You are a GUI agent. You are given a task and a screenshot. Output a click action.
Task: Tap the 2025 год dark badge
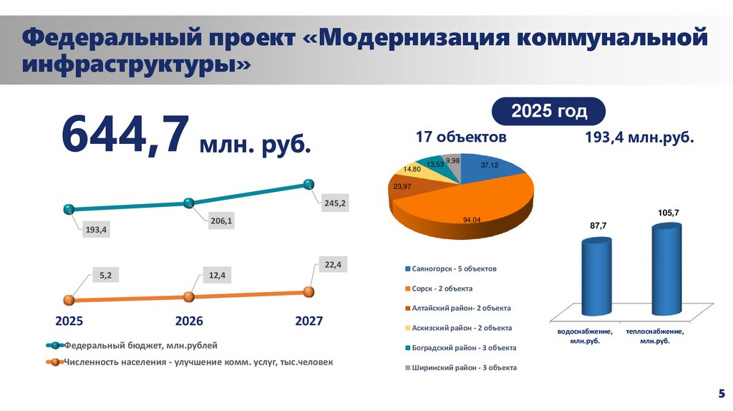click(x=548, y=112)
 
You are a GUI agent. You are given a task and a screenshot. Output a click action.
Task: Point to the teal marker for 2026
click(x=188, y=203)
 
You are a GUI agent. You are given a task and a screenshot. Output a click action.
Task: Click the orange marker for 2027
click(x=309, y=291)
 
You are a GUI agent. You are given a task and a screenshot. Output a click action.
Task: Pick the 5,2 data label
click(x=105, y=274)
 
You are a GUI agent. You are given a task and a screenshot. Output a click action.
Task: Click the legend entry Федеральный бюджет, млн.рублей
click(x=140, y=345)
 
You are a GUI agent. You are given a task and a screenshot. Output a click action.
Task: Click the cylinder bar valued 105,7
click(x=666, y=269)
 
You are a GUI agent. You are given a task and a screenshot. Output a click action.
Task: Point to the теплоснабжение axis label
click(x=654, y=337)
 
